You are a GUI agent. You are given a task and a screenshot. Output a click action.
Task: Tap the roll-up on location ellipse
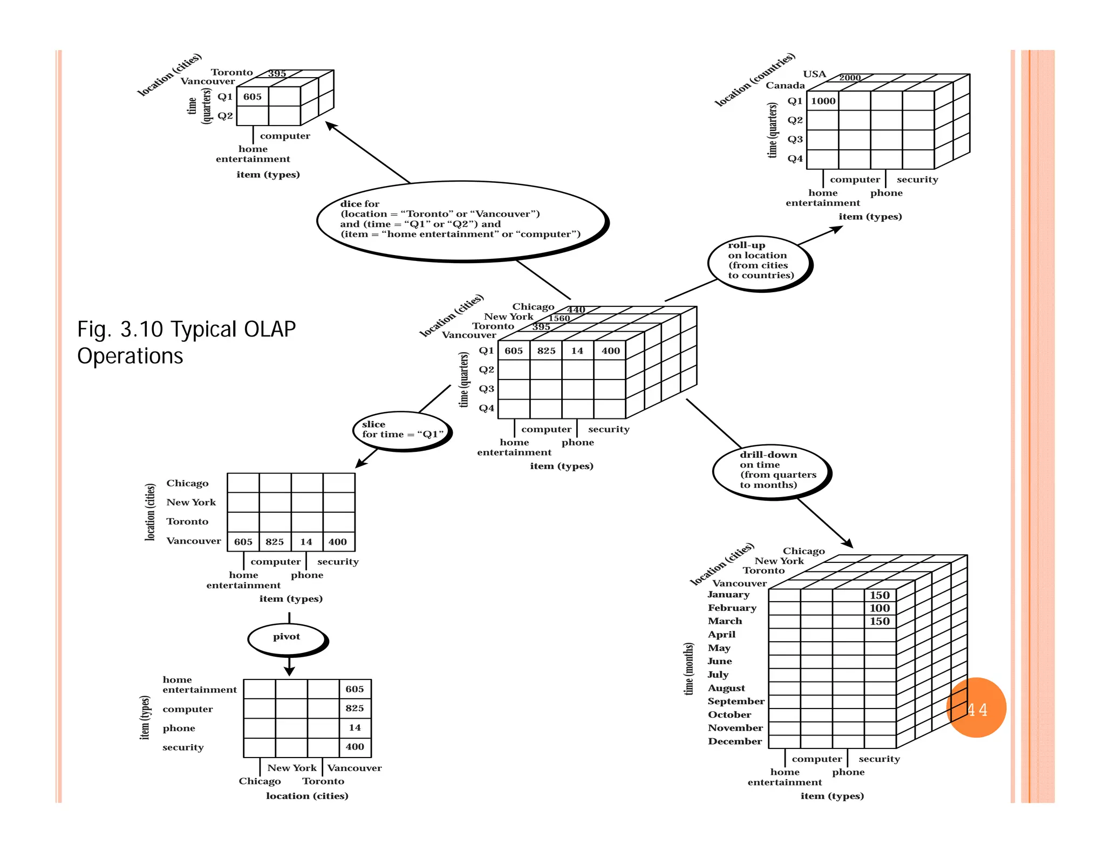tap(760, 263)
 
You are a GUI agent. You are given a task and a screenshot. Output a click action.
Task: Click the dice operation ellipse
tap(462, 221)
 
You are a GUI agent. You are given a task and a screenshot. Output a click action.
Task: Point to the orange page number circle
tap(977, 707)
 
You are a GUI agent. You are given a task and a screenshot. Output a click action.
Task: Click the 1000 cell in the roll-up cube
tap(823, 101)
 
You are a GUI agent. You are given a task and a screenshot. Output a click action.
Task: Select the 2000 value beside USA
tap(850, 78)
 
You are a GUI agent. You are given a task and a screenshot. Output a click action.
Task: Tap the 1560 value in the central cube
tap(559, 318)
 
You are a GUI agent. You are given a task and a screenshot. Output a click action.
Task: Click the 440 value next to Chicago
tap(576, 309)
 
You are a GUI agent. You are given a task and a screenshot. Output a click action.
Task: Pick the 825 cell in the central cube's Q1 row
tap(546, 351)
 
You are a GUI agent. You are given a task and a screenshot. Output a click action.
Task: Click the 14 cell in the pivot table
tap(354, 728)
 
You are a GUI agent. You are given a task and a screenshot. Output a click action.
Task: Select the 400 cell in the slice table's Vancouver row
tap(338, 542)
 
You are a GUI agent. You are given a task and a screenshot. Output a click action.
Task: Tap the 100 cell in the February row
tap(879, 608)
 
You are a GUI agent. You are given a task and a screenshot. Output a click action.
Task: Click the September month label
tap(736, 701)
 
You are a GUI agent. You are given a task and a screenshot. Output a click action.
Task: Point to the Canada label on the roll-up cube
tap(785, 86)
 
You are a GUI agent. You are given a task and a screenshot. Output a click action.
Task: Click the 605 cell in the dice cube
tap(252, 97)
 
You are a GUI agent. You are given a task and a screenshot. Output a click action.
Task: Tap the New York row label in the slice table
tap(191, 503)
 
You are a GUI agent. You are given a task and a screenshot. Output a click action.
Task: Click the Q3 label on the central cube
tap(486, 389)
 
